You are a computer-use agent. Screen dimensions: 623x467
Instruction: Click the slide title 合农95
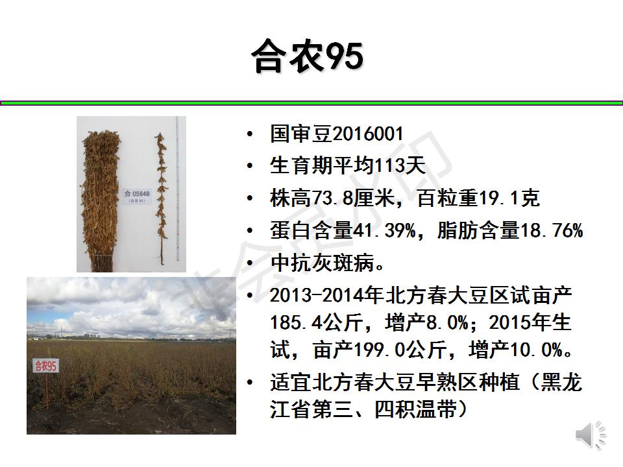point(308,56)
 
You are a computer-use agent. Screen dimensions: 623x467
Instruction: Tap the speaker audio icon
point(591,436)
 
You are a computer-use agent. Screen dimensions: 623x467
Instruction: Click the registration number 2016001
point(369,134)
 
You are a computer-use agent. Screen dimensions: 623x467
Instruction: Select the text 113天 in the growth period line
point(400,165)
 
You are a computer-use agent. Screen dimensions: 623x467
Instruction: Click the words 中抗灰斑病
point(322,263)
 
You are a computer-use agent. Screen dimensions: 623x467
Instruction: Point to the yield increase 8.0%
point(447,322)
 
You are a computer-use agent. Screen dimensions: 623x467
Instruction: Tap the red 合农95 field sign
point(45,365)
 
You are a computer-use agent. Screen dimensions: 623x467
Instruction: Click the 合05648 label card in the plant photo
point(137,196)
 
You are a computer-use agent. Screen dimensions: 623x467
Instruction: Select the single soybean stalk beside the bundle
point(161,198)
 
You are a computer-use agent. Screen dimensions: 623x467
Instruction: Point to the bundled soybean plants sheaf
point(100,200)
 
